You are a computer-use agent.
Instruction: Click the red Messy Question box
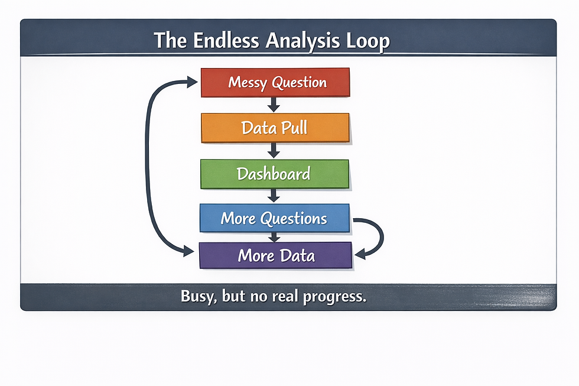[x=275, y=82]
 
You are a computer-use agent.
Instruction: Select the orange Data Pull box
[x=275, y=128]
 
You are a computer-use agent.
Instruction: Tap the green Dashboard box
[x=275, y=174]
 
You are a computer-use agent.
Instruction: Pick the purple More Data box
[x=276, y=255]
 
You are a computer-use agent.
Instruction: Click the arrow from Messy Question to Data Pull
[x=274, y=105]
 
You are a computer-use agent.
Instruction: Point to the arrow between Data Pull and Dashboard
[x=274, y=150]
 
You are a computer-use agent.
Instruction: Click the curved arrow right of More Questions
[x=376, y=236]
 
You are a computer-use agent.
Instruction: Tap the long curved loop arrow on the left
[x=149, y=166]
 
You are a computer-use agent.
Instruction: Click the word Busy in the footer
[x=197, y=297]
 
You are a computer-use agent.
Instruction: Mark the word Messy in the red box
[x=248, y=82]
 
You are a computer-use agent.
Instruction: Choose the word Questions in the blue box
[x=294, y=218]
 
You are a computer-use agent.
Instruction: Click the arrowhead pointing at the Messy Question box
[x=191, y=83]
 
